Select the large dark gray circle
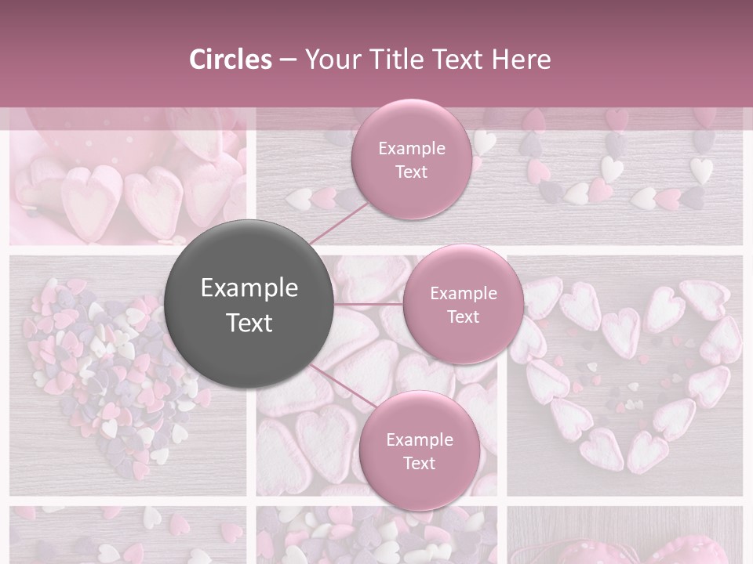tap(249, 304)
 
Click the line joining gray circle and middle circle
tap(369, 304)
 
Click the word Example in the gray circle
tap(249, 288)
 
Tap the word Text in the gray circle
tap(249, 323)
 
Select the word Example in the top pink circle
tap(412, 149)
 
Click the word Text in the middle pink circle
tap(463, 316)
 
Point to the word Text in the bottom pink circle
tap(419, 463)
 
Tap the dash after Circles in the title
tap(288, 60)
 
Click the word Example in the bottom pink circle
tap(419, 439)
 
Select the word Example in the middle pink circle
tap(463, 294)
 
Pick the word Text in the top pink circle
tap(412, 172)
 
